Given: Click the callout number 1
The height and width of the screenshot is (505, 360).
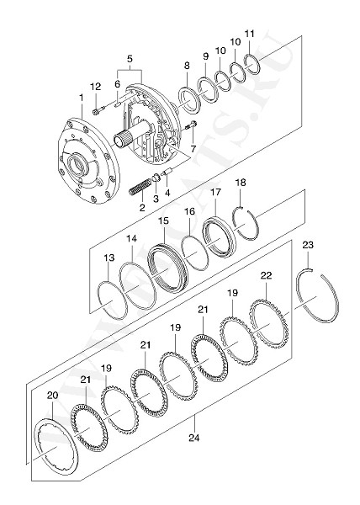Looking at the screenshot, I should pyautogui.click(x=81, y=98).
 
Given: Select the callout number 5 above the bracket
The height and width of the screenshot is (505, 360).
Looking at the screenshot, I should pyautogui.click(x=130, y=59).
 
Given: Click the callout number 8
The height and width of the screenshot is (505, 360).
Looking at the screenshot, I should pyautogui.click(x=186, y=65).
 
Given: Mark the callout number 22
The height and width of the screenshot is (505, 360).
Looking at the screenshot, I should pyautogui.click(x=266, y=275).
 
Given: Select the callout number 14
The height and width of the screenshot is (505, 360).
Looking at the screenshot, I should pyautogui.click(x=131, y=239).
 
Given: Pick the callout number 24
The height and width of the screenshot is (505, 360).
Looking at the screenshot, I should pyautogui.click(x=194, y=438).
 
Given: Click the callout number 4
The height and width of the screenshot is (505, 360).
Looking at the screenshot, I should pyautogui.click(x=167, y=192).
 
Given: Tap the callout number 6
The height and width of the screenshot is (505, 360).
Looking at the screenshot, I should pyautogui.click(x=118, y=84).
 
